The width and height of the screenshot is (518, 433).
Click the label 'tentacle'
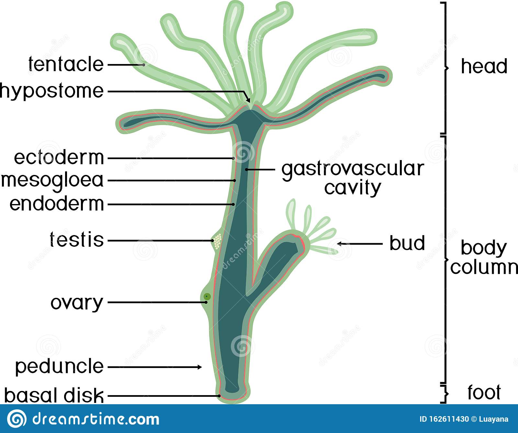(66, 64)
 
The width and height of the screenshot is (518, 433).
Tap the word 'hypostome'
(52, 91)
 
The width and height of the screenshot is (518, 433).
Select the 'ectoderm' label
(59, 157)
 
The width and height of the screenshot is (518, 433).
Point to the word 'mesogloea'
(52, 180)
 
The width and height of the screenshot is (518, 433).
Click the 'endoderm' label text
(57, 204)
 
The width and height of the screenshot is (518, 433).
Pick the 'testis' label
(77, 240)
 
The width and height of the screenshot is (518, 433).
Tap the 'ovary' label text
(77, 303)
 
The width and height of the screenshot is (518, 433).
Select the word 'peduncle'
(59, 366)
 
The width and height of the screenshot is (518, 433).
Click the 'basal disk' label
(54, 395)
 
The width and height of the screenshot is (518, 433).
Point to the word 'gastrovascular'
(353, 169)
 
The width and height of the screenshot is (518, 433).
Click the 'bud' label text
(407, 243)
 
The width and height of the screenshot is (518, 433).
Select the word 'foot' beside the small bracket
(484, 392)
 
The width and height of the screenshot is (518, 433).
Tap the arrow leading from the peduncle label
(155, 367)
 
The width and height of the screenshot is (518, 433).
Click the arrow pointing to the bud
(359, 244)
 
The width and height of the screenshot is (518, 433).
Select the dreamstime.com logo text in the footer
(96, 419)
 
